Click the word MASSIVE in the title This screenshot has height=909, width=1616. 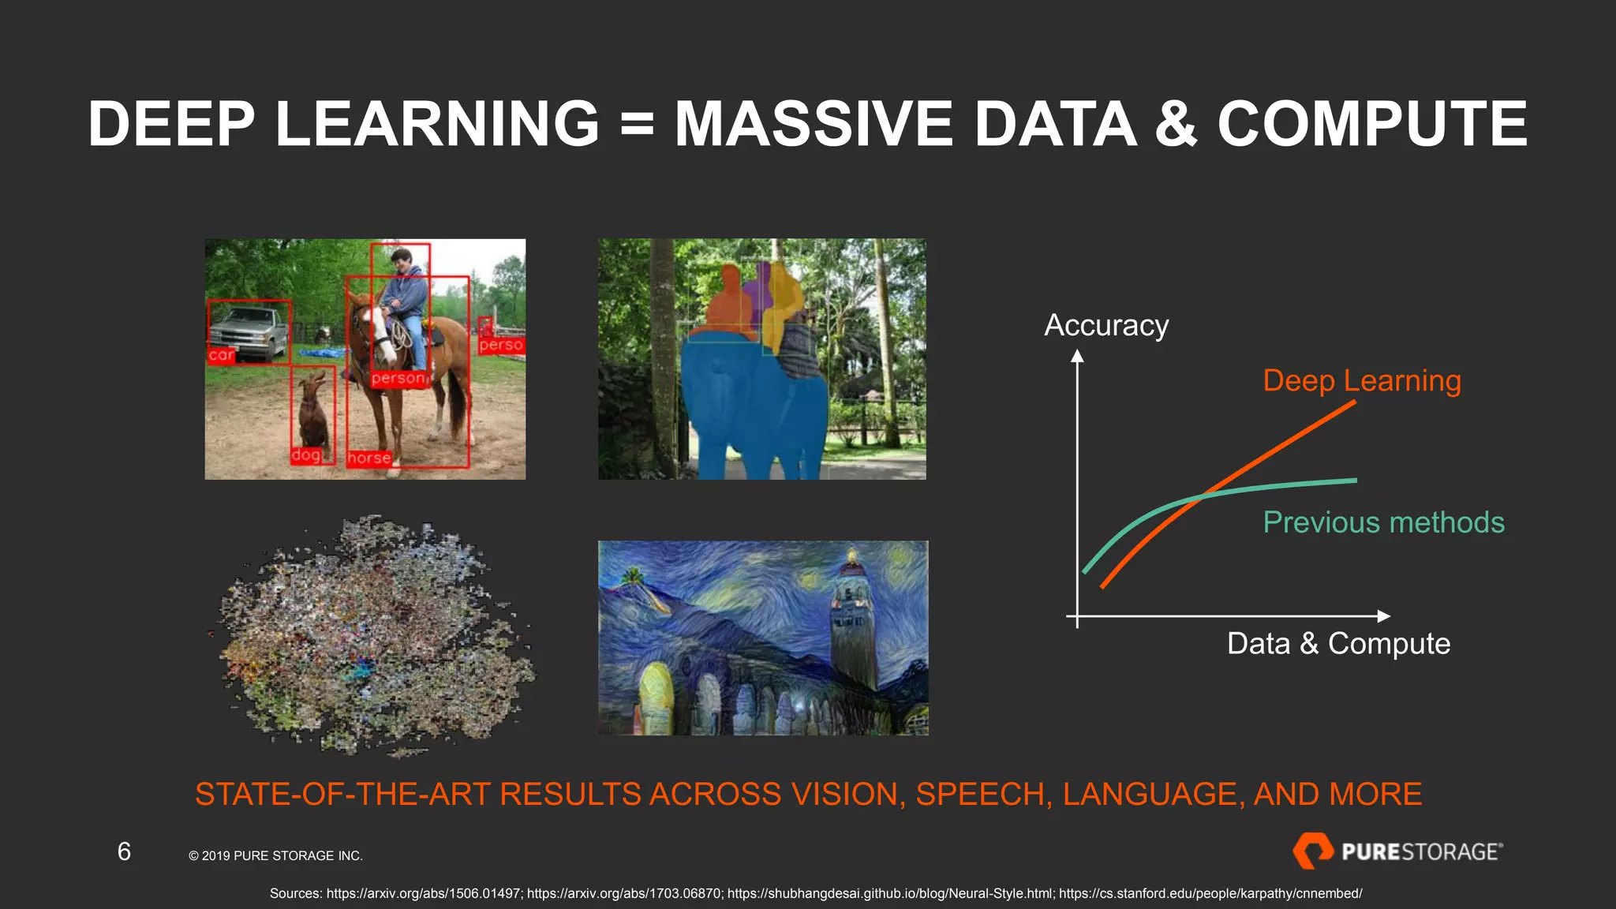(x=813, y=124)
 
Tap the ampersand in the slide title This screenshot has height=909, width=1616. (x=1176, y=124)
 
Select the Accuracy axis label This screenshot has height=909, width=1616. (x=1106, y=325)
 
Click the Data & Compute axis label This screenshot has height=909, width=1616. (x=1338, y=643)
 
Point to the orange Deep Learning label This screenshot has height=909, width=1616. (x=1362, y=380)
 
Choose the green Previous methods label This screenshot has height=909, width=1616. (x=1383, y=522)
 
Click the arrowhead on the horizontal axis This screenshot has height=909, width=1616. (x=1383, y=616)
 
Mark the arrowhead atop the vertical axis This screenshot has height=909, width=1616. (x=1077, y=357)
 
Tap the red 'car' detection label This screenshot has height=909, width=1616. (x=221, y=355)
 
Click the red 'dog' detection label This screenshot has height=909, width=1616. (x=306, y=455)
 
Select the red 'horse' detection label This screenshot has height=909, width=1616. (x=368, y=458)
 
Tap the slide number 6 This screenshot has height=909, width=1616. (x=124, y=851)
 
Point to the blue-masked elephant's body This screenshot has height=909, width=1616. (x=750, y=402)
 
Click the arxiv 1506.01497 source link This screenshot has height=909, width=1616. (x=423, y=893)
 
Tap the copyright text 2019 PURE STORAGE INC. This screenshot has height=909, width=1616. (x=275, y=855)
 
